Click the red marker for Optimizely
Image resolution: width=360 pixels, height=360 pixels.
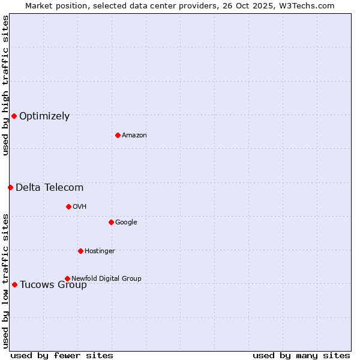pyautogui.click(x=14, y=116)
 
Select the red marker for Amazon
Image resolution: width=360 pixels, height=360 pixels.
pyautogui.click(x=118, y=135)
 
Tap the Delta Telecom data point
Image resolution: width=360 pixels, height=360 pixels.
pyautogui.click(x=10, y=187)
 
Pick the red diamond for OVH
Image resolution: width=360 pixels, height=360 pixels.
pyautogui.click(x=68, y=206)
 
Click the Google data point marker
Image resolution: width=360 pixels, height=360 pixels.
pyautogui.click(x=111, y=222)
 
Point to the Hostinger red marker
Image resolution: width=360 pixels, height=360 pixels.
pyautogui.click(x=80, y=251)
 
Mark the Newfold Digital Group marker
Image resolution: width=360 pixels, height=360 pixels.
pyautogui.click(x=67, y=278)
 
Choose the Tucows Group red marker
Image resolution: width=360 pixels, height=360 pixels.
pyautogui.click(x=14, y=284)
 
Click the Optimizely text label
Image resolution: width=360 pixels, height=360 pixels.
pyautogui.click(x=44, y=116)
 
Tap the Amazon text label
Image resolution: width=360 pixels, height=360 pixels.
pyautogui.click(x=134, y=136)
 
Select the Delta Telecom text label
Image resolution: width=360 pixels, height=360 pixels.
pyautogui.click(x=49, y=188)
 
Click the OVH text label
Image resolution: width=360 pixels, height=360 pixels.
pyautogui.click(x=80, y=207)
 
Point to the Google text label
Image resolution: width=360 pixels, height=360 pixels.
pyautogui.click(x=126, y=223)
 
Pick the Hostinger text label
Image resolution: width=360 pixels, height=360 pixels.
pyautogui.click(x=100, y=251)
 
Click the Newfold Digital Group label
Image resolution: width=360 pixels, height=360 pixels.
pyautogui.click(x=106, y=278)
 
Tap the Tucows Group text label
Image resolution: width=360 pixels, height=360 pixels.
pyautogui.click(x=53, y=285)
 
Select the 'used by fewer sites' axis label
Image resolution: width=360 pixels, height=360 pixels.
pyautogui.click(x=62, y=355)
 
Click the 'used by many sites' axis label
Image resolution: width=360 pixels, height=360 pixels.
pyautogui.click(x=301, y=355)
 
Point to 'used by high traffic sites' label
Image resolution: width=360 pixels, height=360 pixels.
pyautogui.click(x=6, y=86)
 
